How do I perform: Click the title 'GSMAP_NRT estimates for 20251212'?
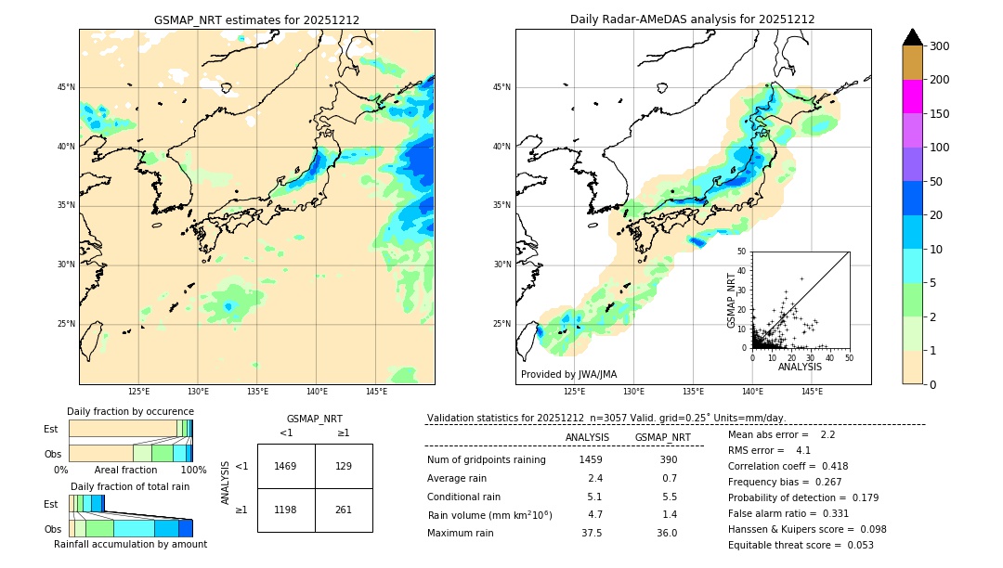click(256, 19)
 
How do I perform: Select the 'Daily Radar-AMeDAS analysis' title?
click(692, 19)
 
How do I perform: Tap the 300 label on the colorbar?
click(940, 46)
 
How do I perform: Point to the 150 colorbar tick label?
click(940, 114)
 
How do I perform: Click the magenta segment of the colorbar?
click(912, 97)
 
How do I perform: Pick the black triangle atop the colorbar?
click(912, 37)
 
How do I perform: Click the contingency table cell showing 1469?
click(286, 466)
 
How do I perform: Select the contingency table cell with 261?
click(344, 510)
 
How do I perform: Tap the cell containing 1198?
click(286, 510)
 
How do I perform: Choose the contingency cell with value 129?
click(344, 466)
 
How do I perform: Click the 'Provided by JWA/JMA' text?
click(568, 374)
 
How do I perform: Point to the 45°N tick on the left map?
click(66, 87)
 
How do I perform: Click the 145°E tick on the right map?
click(812, 392)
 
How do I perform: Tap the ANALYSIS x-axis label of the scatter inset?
click(800, 367)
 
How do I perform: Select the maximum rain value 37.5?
click(591, 533)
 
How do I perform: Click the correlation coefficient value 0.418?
click(828, 466)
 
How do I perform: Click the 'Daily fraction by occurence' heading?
click(130, 411)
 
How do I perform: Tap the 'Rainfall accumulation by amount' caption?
click(130, 544)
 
